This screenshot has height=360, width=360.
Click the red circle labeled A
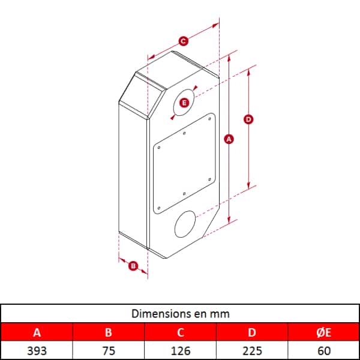(x=229, y=139)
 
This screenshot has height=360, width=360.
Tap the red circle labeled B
(x=133, y=266)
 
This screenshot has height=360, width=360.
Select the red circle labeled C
(x=183, y=41)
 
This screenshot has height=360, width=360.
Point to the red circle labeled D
(x=248, y=119)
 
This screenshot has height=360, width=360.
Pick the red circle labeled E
(x=184, y=103)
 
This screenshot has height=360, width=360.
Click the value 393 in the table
(x=37, y=351)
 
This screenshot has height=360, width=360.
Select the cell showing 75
(x=109, y=351)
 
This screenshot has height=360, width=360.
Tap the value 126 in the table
(x=181, y=351)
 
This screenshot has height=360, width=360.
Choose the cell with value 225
(x=253, y=351)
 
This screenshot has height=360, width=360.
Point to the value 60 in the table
(x=324, y=351)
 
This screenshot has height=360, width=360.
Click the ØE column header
(x=324, y=332)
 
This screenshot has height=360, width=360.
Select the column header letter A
(x=37, y=332)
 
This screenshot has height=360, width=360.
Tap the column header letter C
(x=181, y=332)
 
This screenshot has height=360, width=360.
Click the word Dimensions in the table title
(x=157, y=314)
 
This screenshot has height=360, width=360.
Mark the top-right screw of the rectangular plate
(x=209, y=119)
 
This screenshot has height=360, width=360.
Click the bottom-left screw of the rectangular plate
(x=159, y=208)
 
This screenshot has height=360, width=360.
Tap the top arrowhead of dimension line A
(x=229, y=59)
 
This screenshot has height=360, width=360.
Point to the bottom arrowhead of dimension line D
(x=248, y=186)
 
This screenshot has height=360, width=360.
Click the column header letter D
(x=252, y=332)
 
